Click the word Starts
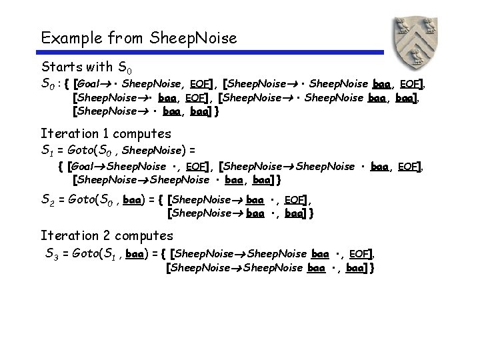(x=61, y=67)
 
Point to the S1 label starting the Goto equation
(x=47, y=150)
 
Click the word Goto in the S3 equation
(x=86, y=253)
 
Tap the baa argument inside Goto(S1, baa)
(x=135, y=253)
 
